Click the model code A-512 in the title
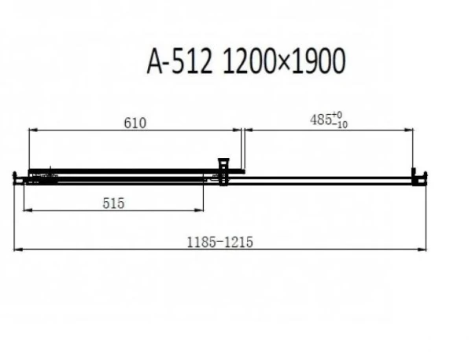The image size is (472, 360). pos(179,61)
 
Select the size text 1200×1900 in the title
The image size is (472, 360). pos(284,61)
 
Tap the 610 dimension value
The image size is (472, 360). pos(135,123)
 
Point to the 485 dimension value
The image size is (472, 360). pos(321,120)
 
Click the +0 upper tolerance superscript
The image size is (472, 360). pos(337,115)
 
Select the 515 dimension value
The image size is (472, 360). pos(113,204)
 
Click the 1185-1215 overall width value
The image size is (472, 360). pos(220,242)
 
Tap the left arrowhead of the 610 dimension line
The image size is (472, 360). pos(33,130)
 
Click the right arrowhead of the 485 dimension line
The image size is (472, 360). pos(409,130)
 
